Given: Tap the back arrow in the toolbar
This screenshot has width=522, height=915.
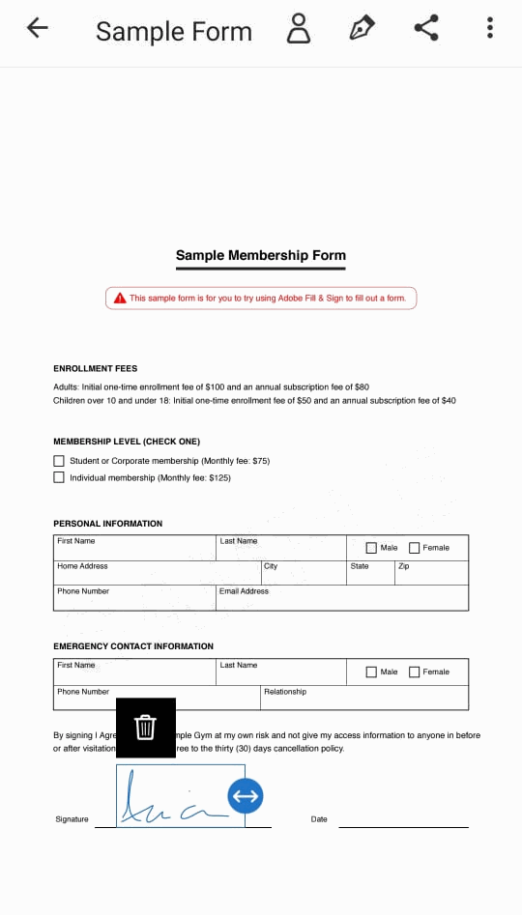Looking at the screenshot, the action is click(x=38, y=28).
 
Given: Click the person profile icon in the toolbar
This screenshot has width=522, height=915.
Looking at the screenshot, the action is click(x=299, y=29).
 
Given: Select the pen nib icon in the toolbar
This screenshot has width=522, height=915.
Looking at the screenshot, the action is click(x=362, y=28).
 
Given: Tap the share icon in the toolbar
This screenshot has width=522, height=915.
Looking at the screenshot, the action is click(x=426, y=28).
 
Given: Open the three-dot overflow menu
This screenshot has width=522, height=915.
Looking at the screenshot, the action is click(x=490, y=28).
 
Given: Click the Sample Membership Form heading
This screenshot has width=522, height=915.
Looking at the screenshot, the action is click(x=260, y=256).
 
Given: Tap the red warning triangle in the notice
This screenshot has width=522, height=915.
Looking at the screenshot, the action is click(x=120, y=299).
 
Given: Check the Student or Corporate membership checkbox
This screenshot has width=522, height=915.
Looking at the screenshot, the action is click(x=59, y=461).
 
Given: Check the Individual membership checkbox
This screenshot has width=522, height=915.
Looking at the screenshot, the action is click(x=59, y=477).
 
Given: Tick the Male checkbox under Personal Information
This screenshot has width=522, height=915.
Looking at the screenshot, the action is click(x=371, y=548).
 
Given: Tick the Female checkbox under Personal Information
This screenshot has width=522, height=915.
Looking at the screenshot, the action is click(x=415, y=548).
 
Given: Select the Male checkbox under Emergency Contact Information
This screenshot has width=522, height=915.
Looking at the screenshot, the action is click(x=371, y=672).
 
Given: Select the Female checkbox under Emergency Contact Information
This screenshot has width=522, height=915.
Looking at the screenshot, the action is click(x=415, y=672).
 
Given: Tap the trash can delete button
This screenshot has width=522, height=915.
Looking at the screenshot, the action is click(x=145, y=727).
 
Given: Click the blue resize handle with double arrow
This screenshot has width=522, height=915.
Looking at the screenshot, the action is click(x=246, y=796).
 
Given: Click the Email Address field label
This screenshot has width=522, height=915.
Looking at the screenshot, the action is click(x=244, y=591).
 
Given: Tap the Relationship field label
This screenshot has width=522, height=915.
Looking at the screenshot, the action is click(x=285, y=692).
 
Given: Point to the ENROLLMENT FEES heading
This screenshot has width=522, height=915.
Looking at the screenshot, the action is click(x=95, y=368).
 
